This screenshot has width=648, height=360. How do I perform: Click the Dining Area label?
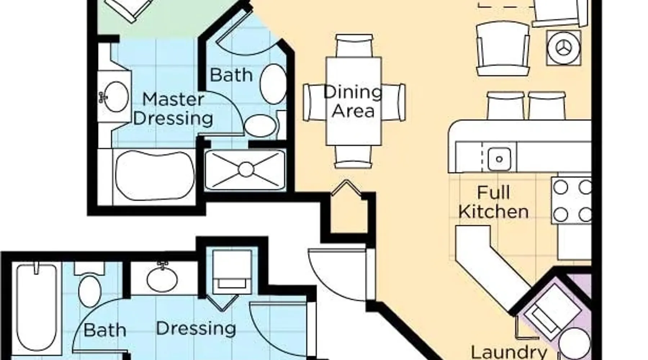(353, 102)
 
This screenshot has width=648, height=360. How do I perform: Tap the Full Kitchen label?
(493, 202)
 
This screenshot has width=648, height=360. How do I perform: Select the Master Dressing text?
(173, 109)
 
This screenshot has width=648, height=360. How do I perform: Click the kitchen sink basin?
(499, 159)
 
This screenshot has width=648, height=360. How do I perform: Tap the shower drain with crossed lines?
(246, 169)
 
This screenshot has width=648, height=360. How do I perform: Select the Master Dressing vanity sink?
(116, 96)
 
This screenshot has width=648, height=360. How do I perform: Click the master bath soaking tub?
(155, 175)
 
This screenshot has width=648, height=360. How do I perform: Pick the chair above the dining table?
(354, 45)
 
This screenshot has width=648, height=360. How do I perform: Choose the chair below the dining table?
(353, 157)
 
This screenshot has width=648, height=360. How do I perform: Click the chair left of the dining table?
(315, 102)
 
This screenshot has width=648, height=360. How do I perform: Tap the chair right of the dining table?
(393, 102)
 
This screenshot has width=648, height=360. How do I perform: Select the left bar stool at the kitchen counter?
(505, 105)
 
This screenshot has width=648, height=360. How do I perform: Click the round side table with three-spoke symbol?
(563, 48)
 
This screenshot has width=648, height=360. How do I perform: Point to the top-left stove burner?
(561, 187)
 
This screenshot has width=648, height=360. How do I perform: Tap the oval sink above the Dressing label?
(162, 278)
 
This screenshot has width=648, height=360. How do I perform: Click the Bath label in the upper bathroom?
(231, 75)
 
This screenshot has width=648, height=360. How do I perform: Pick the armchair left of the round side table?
(503, 48)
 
